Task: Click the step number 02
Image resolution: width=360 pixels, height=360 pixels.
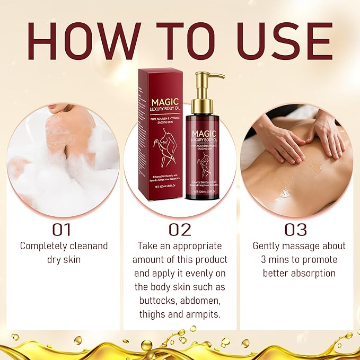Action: tap(179, 230)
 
